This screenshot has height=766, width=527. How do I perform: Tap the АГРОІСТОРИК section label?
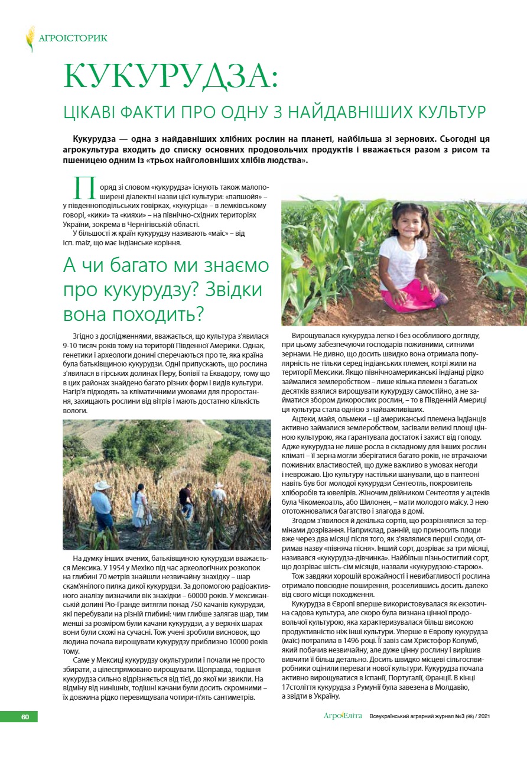point(73,38)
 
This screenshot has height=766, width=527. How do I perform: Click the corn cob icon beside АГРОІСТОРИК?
point(30,38)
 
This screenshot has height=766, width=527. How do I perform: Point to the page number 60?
point(25,717)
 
